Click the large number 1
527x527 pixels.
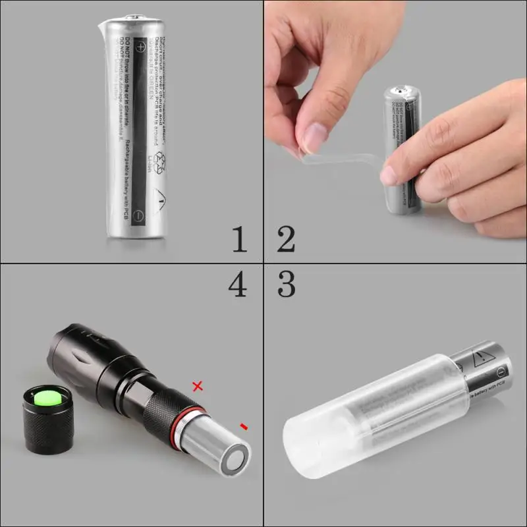coord(239,238)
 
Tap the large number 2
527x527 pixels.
coord(285,238)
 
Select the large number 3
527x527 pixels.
coord(286,284)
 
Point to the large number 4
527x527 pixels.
coord(238,284)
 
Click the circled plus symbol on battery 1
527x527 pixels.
coord(140,46)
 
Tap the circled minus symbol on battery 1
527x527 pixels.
coord(138,215)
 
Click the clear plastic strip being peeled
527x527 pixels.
coord(343,158)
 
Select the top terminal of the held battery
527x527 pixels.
coord(402,89)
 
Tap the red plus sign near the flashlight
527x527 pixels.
coord(197,386)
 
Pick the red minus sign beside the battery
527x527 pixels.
coord(244,427)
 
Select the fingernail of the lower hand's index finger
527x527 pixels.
coord(389,175)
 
